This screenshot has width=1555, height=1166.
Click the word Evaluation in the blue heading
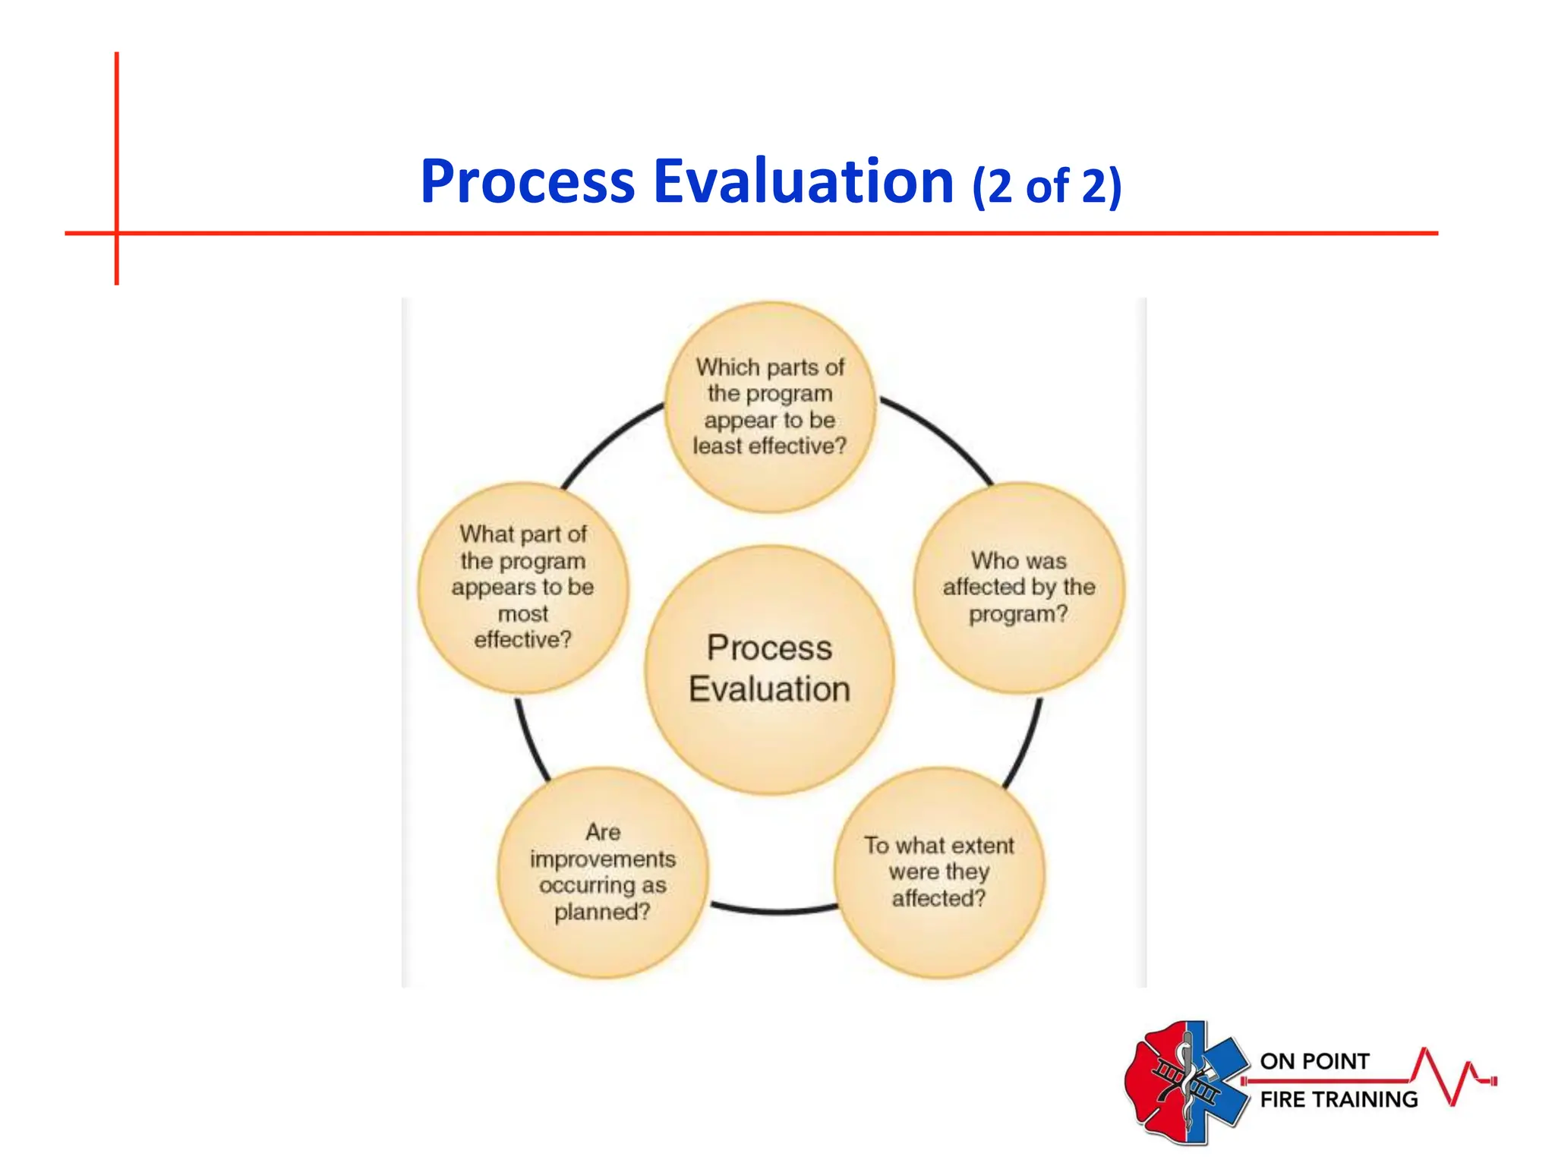(803, 182)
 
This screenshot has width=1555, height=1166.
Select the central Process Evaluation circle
(769, 729)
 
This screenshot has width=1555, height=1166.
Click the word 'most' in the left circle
(522, 613)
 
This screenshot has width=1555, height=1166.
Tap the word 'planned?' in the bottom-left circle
(602, 912)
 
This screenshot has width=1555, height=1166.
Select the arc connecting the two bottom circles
(774, 909)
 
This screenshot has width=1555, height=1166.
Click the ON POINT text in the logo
(1314, 1061)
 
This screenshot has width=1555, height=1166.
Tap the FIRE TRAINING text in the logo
(1339, 1099)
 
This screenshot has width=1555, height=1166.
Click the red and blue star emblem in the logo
(1186, 1082)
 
